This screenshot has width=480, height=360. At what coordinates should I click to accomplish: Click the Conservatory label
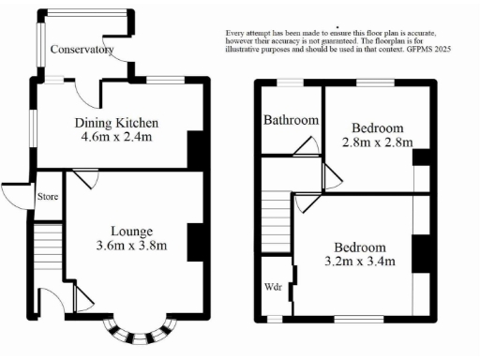click(82, 50)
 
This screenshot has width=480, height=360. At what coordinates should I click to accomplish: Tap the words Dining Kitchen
click(116, 123)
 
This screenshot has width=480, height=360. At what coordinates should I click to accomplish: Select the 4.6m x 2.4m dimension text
click(116, 138)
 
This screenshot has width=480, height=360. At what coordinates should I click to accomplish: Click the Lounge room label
click(131, 232)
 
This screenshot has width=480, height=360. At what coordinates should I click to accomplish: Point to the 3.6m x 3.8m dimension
click(131, 247)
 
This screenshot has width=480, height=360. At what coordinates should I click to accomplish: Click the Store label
click(47, 198)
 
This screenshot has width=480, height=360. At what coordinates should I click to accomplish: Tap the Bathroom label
click(291, 121)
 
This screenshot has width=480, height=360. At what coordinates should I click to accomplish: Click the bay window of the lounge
click(140, 332)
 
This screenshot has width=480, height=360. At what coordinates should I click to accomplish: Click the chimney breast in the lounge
click(197, 242)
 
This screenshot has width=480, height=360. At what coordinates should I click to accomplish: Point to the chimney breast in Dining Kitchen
click(197, 149)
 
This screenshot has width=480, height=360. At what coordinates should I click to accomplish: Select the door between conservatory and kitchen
click(86, 93)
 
